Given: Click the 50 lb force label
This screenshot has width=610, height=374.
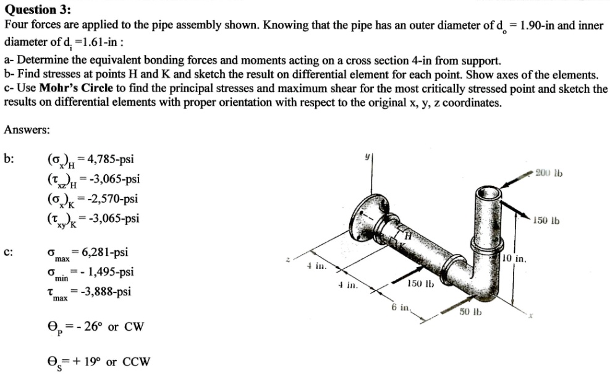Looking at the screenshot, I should (471, 312).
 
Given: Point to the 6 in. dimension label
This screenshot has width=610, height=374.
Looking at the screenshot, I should (400, 307).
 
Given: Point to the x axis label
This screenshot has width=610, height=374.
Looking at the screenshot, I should (530, 316).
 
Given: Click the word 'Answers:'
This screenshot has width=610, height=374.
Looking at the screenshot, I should (27, 130).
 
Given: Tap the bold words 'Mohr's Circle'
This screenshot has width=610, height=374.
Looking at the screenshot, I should (76, 88).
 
